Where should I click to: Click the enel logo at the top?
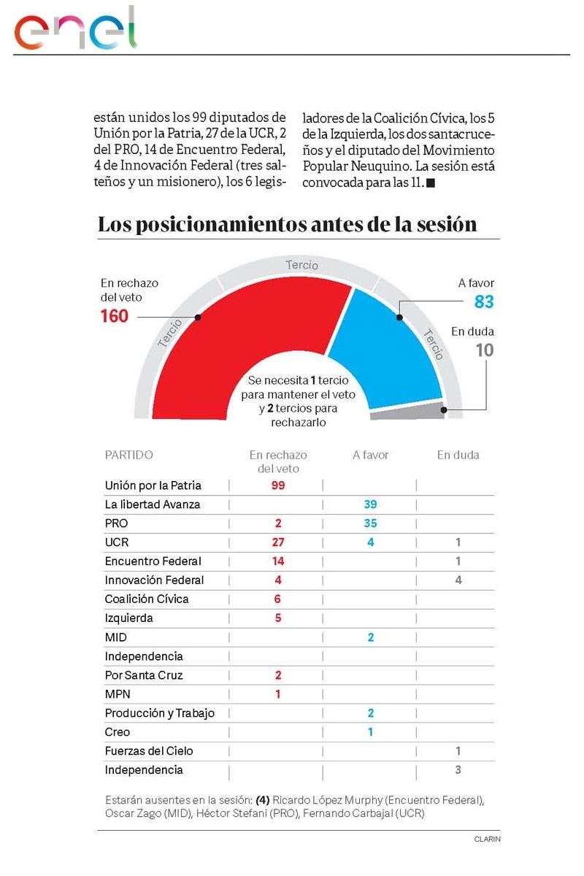pos(76,29)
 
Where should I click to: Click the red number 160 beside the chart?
pos(114,316)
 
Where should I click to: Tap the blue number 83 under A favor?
pos(484,301)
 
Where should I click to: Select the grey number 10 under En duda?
pos(484,350)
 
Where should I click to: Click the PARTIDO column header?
pos(129,455)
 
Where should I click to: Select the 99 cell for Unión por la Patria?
pos(277,485)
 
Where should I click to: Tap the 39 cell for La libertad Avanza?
pos(370,504)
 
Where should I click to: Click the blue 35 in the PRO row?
pos(370,523)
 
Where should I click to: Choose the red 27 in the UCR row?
pos(277,542)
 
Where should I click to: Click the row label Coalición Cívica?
pos(147,599)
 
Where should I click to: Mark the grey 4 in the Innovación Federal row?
pos(458,580)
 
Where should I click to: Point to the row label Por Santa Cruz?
pos(144,675)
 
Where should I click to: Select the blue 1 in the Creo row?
pos(370,732)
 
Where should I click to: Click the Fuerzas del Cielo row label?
pos(149,751)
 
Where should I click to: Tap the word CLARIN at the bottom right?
pos(487,839)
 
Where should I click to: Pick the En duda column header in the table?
pos(458,455)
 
